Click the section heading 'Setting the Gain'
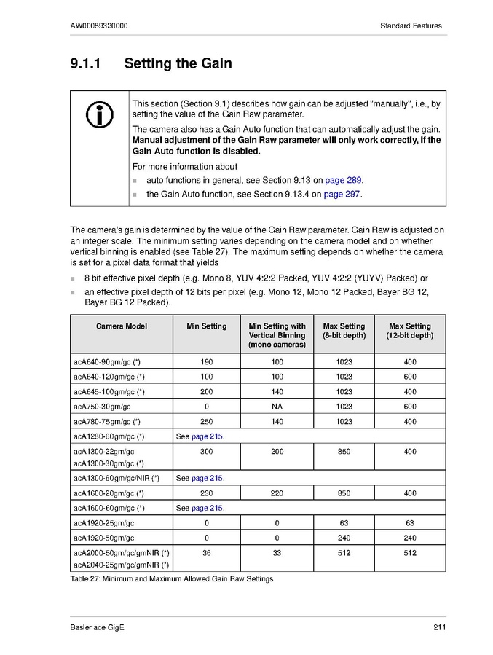178,63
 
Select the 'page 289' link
343,180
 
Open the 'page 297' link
342,194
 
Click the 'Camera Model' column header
121,326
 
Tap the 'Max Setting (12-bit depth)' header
409,331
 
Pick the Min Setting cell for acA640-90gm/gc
206,361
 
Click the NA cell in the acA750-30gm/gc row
277,406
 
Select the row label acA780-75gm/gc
109,421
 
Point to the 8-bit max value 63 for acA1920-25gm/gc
344,523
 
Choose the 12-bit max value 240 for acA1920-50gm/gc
409,538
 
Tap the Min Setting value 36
206,553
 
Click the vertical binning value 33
277,553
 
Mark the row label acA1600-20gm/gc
109,493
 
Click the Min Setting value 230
206,493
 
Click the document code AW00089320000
100,26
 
